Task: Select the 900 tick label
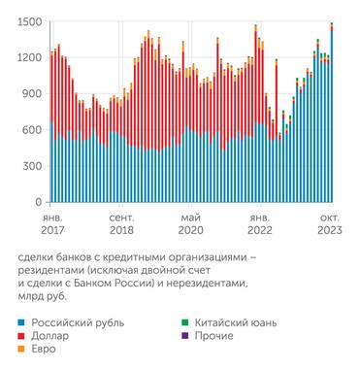coord(32,93)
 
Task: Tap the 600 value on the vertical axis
coord(32,130)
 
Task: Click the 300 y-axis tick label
coord(32,166)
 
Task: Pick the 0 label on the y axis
coord(39,202)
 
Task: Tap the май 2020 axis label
coord(190,225)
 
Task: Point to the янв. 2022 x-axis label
coord(260,225)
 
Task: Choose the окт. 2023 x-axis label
coord(329,225)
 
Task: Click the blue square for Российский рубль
coord(22,321)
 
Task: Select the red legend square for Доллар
coord(22,336)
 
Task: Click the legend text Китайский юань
coord(232,321)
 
